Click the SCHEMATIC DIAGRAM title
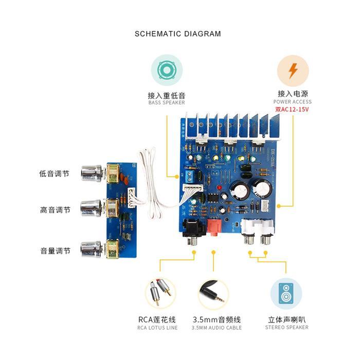[x=177, y=34]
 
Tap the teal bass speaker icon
[x=166, y=70]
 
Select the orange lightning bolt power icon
[x=293, y=70]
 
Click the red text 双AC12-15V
[x=293, y=109]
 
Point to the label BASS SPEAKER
[x=166, y=102]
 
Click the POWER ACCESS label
[x=293, y=102]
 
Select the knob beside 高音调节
[x=92, y=209]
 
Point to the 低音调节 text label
[x=54, y=174]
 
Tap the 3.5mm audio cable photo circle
[x=213, y=293]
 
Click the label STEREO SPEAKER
[x=287, y=327]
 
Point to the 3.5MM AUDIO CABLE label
[x=217, y=328]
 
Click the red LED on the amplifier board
[x=219, y=189]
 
